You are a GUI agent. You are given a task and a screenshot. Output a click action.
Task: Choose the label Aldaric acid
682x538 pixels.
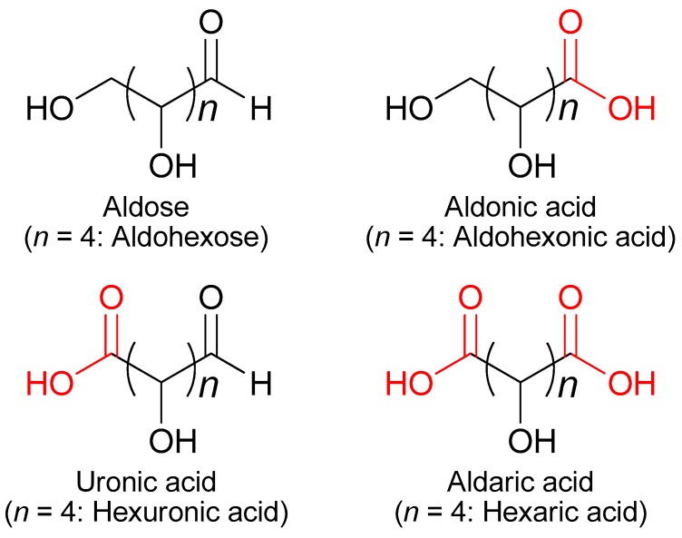pos(520,479)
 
